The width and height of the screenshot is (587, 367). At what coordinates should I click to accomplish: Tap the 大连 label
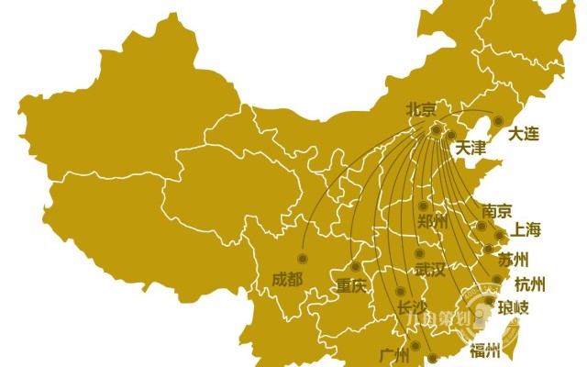pos(524,134)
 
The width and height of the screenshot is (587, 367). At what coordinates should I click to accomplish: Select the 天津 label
pos(471,147)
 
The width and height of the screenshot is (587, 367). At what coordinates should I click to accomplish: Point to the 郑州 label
pos(432,222)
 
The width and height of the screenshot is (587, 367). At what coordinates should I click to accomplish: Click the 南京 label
pos(496,210)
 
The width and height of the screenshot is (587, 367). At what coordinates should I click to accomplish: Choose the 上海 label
pos(527,229)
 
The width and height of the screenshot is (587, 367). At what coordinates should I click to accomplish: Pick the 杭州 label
pos(530,284)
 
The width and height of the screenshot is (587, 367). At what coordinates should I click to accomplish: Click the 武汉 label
pos(429,270)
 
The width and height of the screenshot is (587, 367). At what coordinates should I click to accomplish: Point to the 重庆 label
pos(350,284)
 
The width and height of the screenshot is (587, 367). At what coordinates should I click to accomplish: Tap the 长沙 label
pos(412,307)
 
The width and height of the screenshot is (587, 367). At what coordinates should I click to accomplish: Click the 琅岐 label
pos(514,307)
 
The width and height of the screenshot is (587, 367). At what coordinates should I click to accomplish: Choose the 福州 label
pos(484,350)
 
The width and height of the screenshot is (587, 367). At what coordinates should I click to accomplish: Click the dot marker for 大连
pos(499,120)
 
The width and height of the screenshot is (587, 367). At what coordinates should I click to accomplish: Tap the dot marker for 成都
pos(301,258)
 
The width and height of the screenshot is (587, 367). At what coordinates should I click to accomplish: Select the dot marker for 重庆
pos(356,267)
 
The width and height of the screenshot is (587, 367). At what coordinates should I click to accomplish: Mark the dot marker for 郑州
pos(423,206)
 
